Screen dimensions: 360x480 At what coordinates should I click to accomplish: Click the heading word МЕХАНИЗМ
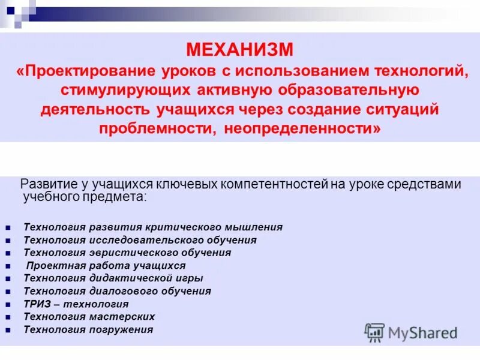click(x=239, y=47)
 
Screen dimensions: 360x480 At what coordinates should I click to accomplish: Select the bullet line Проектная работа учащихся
click(x=106, y=265)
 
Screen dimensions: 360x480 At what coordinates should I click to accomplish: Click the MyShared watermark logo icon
click(x=374, y=332)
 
